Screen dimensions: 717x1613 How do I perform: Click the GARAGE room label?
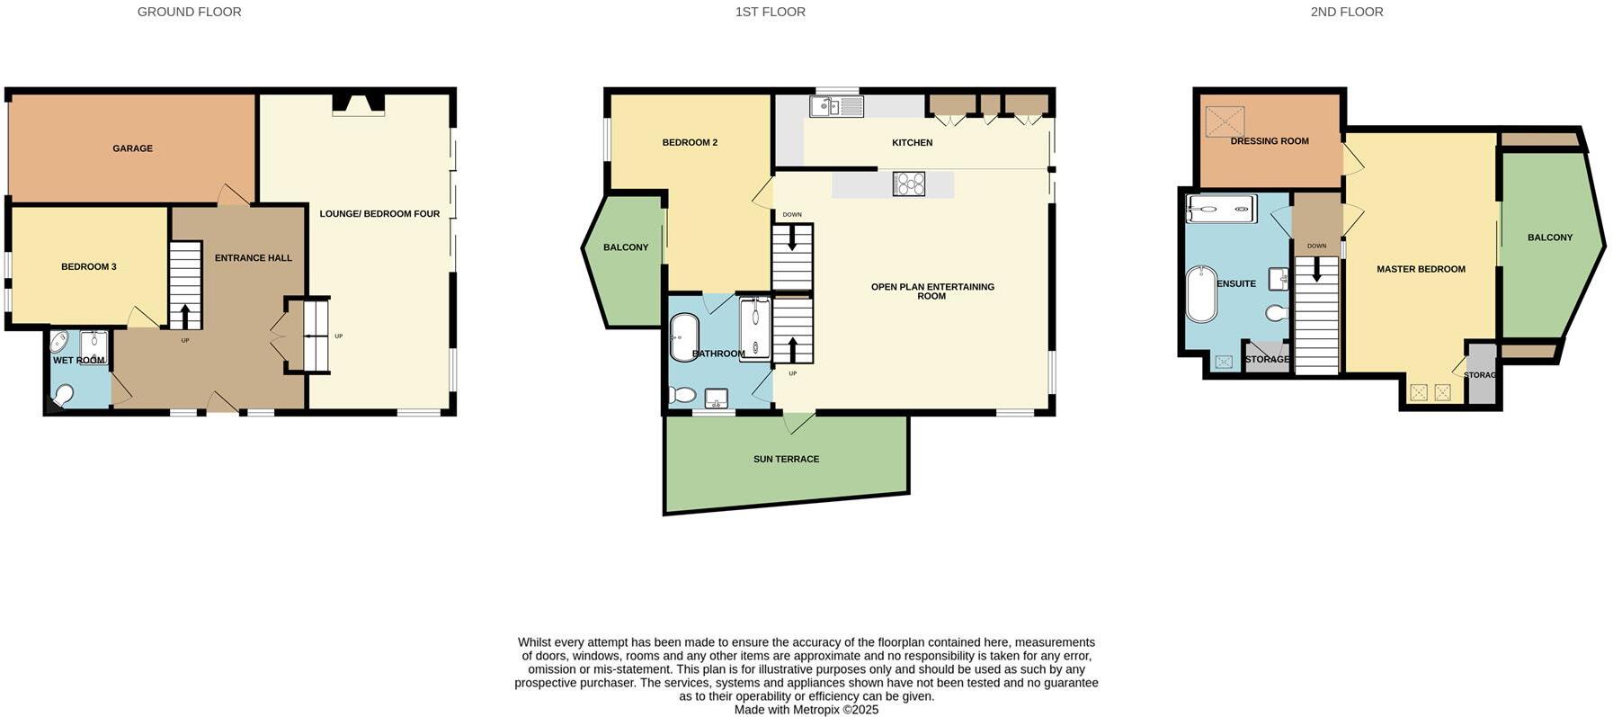[132, 148]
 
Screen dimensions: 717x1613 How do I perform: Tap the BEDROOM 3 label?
[89, 267]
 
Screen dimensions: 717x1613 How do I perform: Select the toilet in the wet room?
[64, 396]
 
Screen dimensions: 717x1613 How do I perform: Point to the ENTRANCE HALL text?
[253, 258]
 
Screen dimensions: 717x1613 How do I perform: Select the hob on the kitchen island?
[909, 184]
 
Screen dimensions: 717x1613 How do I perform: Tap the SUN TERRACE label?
[786, 460]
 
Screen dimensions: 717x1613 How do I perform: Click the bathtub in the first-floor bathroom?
[684, 336]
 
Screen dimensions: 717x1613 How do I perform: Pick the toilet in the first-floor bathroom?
[682, 395]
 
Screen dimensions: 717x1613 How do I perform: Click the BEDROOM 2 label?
[690, 143]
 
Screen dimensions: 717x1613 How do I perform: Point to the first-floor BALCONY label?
[625, 247]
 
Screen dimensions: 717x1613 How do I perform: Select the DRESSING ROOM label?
[1269, 141]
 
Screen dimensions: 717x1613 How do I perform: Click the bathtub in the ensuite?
[1200, 293]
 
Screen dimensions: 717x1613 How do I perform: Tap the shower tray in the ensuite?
[1220, 209]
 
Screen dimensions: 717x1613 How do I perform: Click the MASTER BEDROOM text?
[1421, 269]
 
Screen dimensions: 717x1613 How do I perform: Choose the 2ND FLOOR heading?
[1346, 12]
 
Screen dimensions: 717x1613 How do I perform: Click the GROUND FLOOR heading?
[189, 12]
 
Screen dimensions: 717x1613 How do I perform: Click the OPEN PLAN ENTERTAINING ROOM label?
[932, 291]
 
